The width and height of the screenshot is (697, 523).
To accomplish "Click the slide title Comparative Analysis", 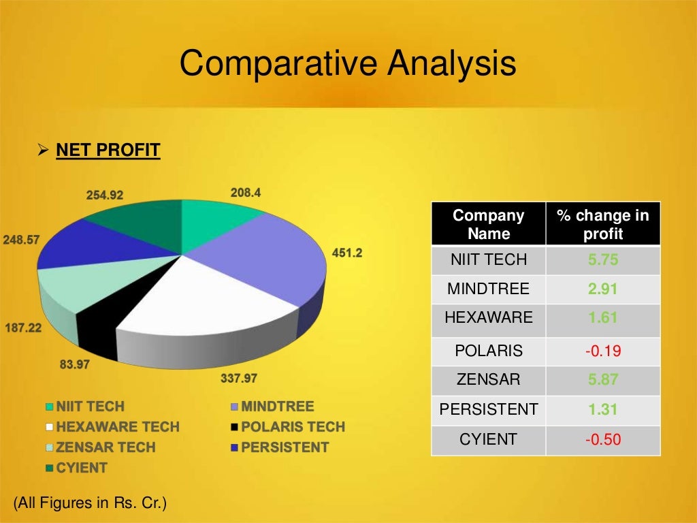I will coord(348,64).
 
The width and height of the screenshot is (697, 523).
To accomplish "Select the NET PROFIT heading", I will coord(108,150).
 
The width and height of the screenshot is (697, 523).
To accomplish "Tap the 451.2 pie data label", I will coord(346,253).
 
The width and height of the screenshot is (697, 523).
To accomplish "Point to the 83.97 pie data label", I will coord(75,364).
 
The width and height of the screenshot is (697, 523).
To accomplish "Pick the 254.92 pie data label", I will coord(105,195).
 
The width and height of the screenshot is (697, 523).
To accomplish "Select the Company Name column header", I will coord(488,225).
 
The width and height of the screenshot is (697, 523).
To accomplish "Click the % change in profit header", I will coord(602,225).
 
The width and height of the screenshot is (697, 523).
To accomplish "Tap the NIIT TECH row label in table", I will coord(488,259).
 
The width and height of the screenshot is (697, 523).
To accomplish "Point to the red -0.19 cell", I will coord(602,351).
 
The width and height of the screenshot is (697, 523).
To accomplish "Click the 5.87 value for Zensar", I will coord(602,380).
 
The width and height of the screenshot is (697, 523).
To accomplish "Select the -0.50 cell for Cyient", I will coord(602,439).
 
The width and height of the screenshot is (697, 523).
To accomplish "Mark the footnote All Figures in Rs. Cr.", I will coord(90,503).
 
